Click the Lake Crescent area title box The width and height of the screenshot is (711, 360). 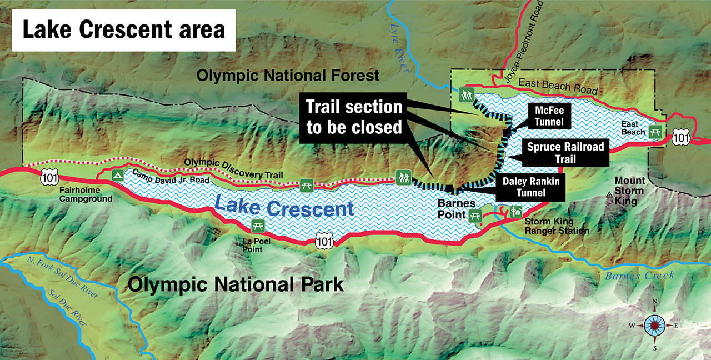124,29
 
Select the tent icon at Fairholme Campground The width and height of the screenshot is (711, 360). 117,176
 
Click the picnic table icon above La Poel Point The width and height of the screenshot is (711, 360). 257,226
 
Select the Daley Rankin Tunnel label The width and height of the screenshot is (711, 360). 532,187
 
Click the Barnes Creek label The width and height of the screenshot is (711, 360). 639,276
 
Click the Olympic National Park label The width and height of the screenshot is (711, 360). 236,285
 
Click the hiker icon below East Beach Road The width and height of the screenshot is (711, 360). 465,94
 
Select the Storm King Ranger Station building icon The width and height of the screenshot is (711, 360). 517,211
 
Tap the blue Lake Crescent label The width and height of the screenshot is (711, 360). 284,207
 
